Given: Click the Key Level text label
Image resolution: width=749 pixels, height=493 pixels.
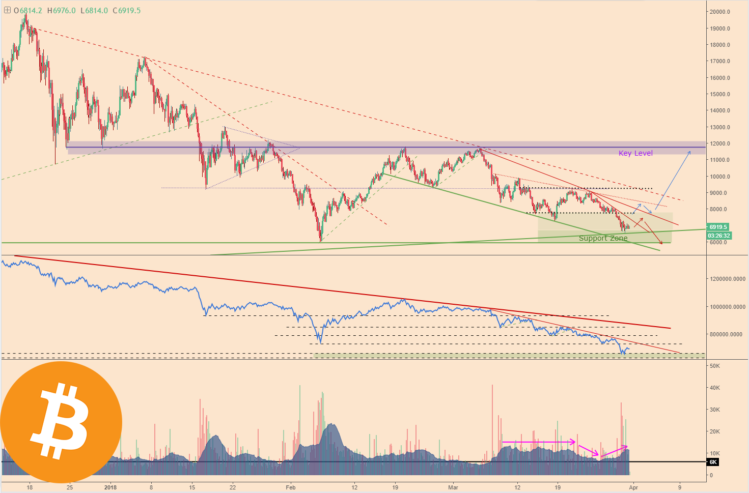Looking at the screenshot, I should (635, 153).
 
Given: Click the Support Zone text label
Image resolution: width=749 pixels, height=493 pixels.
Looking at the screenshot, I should (603, 238).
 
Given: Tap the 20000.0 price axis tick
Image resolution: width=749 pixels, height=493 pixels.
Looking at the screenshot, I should (720, 12).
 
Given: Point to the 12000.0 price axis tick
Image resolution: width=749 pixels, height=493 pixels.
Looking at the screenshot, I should (720, 143).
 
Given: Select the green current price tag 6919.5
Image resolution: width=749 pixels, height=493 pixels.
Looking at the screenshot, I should (718, 227).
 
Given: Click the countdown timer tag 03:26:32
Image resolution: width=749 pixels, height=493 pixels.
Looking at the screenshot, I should (718, 236).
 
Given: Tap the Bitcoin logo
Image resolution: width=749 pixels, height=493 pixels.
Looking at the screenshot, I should (61, 422).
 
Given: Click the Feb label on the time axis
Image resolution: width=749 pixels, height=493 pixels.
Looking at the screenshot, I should (290, 487).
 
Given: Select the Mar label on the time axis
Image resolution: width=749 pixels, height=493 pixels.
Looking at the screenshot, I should (452, 487).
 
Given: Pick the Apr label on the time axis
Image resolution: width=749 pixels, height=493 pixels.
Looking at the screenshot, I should (633, 487).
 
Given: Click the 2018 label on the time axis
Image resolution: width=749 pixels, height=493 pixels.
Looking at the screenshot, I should (110, 487).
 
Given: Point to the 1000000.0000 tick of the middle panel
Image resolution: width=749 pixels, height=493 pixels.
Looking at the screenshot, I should (728, 307).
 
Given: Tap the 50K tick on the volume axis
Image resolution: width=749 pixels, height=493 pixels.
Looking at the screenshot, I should (715, 366).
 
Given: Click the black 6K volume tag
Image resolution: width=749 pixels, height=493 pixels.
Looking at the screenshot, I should (713, 462).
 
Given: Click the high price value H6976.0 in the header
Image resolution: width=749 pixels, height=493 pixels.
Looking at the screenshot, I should (63, 11).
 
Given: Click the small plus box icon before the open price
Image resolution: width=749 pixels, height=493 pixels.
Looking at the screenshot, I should (7, 10).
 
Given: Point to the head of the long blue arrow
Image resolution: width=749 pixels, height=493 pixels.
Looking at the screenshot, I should (690, 151).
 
